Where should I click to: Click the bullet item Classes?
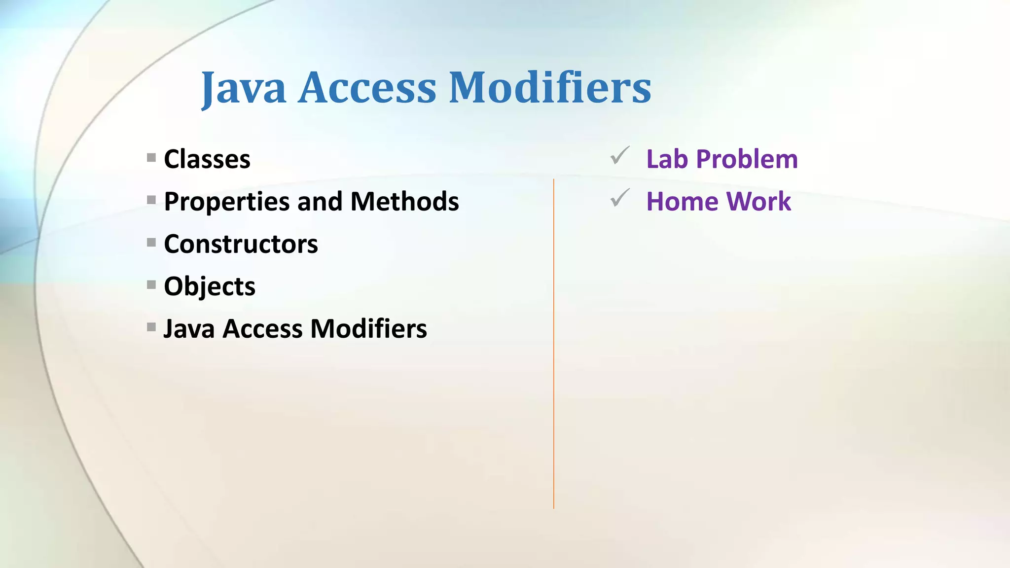click(207, 159)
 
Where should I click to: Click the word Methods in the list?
click(404, 202)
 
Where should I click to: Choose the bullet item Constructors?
click(241, 244)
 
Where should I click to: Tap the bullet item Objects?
click(210, 286)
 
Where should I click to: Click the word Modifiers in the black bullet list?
click(368, 329)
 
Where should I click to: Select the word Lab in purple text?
click(667, 159)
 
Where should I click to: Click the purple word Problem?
click(747, 159)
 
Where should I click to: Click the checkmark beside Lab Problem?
click(619, 156)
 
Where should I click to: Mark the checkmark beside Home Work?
click(619, 198)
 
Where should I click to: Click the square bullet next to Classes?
click(151, 158)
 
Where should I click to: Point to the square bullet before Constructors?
click(151, 243)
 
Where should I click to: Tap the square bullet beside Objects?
click(151, 285)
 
